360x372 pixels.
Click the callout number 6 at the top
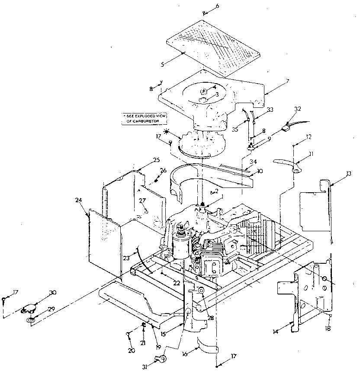coord(217,6)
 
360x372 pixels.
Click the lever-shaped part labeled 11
coord(288,163)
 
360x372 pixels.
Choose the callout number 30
coord(53,293)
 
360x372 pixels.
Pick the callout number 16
coord(185,353)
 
